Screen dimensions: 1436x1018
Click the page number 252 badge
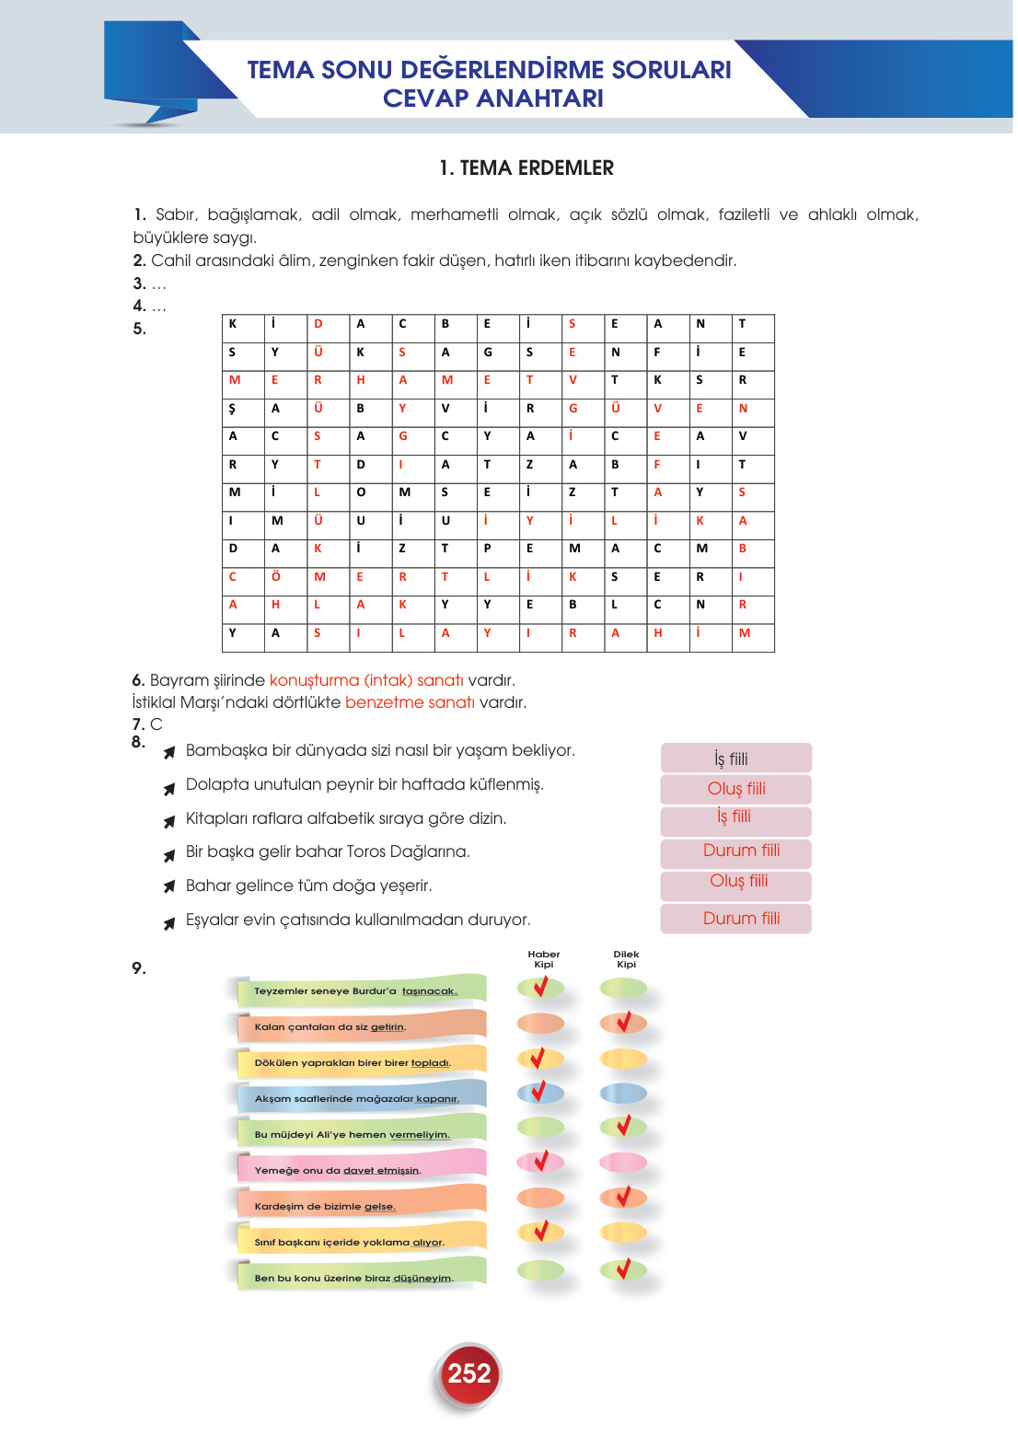coord(469,1373)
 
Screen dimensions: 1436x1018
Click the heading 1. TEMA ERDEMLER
coord(526,168)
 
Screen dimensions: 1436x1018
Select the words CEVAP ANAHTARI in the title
coord(493,98)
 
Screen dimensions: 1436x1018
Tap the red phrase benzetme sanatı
coord(410,702)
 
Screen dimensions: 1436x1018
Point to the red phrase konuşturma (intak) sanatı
coord(366,680)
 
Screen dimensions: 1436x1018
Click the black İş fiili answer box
coord(735,759)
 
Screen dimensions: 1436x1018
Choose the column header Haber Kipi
coord(543,959)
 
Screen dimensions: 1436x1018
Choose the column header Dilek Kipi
coord(626,959)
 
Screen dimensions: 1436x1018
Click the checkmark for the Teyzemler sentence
coord(541,987)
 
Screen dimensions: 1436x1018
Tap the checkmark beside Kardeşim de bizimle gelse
coord(624,1197)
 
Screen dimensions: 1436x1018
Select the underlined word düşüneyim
coord(422,1278)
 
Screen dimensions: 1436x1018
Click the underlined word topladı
coord(430,1062)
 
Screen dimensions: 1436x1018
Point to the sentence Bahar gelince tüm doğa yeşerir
coord(308,886)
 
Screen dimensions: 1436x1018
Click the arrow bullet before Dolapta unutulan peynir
coord(169,789)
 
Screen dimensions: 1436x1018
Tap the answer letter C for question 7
coord(156,724)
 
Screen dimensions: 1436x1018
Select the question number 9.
coord(138,968)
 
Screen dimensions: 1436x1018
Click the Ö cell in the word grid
coord(275,577)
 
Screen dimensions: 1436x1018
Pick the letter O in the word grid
coord(361,492)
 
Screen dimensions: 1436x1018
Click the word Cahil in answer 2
coord(170,261)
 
